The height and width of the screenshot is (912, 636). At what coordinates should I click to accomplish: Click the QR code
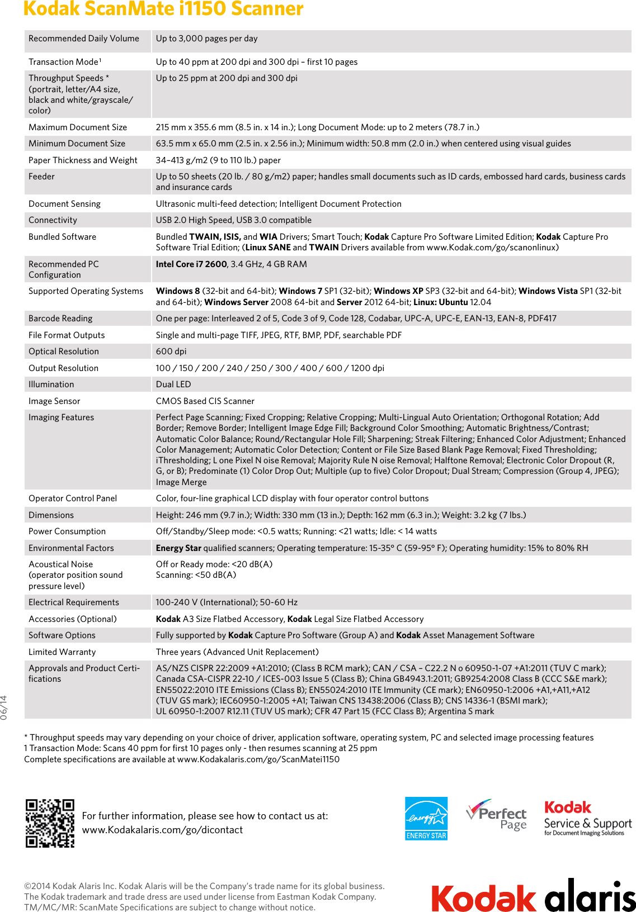coord(50,823)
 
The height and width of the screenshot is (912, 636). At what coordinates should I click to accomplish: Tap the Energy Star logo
coord(426,819)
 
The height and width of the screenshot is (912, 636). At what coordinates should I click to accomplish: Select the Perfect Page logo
coord(497,815)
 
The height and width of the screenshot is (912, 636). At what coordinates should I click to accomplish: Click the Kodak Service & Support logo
coord(587,819)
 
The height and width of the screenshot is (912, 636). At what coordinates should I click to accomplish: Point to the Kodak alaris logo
coord(533,896)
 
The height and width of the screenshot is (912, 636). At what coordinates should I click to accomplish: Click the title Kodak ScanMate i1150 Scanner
coord(163,9)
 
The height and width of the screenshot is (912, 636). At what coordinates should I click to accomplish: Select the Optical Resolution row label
coord(64,351)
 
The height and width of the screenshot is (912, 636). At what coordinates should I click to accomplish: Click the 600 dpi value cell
coord(171,351)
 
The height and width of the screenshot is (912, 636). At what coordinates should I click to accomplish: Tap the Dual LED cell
coord(173,384)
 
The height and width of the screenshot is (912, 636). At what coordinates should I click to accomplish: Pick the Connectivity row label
coord(53,220)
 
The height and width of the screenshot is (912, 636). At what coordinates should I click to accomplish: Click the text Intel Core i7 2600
coord(191,264)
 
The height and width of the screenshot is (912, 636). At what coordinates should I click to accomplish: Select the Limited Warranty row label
coord(62,652)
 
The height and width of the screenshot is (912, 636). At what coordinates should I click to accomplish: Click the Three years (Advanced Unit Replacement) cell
coord(237,652)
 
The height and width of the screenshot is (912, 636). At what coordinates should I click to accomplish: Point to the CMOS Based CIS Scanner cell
coord(205,401)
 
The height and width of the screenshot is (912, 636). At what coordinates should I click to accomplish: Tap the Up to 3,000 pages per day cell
coord(207,39)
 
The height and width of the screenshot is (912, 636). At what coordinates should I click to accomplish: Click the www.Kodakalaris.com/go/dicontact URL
coord(162,830)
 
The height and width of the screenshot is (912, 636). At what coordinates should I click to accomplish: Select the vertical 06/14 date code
coord(4,707)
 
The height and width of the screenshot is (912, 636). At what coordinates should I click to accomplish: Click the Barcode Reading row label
coord(60,319)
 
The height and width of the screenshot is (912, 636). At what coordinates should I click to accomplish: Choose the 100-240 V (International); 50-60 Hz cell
coord(227,602)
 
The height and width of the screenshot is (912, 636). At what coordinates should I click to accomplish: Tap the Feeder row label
coord(42,177)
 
